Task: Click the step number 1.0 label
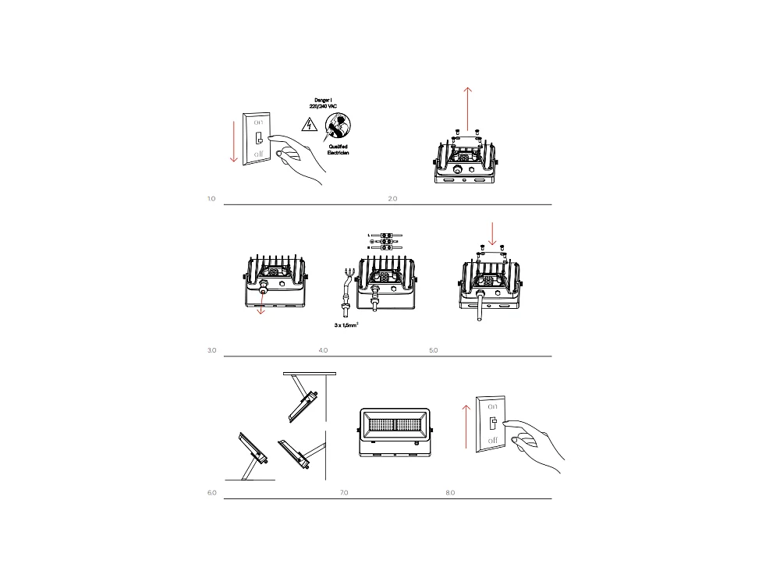click(x=211, y=199)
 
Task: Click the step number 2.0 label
click(x=392, y=199)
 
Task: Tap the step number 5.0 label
click(x=434, y=350)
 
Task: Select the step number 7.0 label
click(x=344, y=493)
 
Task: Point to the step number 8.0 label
click(x=450, y=493)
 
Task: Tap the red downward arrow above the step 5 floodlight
click(x=491, y=232)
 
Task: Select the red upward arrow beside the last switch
click(x=466, y=426)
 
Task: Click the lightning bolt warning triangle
click(x=307, y=123)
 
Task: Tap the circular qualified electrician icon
click(x=338, y=125)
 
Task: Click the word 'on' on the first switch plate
click(x=258, y=122)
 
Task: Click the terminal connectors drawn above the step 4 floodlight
click(x=385, y=241)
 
